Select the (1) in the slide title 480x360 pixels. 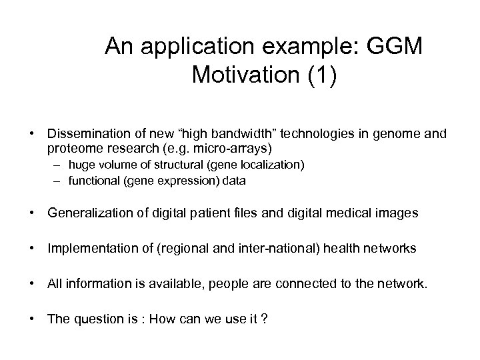coord(318,74)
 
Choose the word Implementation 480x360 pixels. coord(90,249)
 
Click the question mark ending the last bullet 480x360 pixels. coord(265,319)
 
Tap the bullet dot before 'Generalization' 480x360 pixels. coord(32,213)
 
